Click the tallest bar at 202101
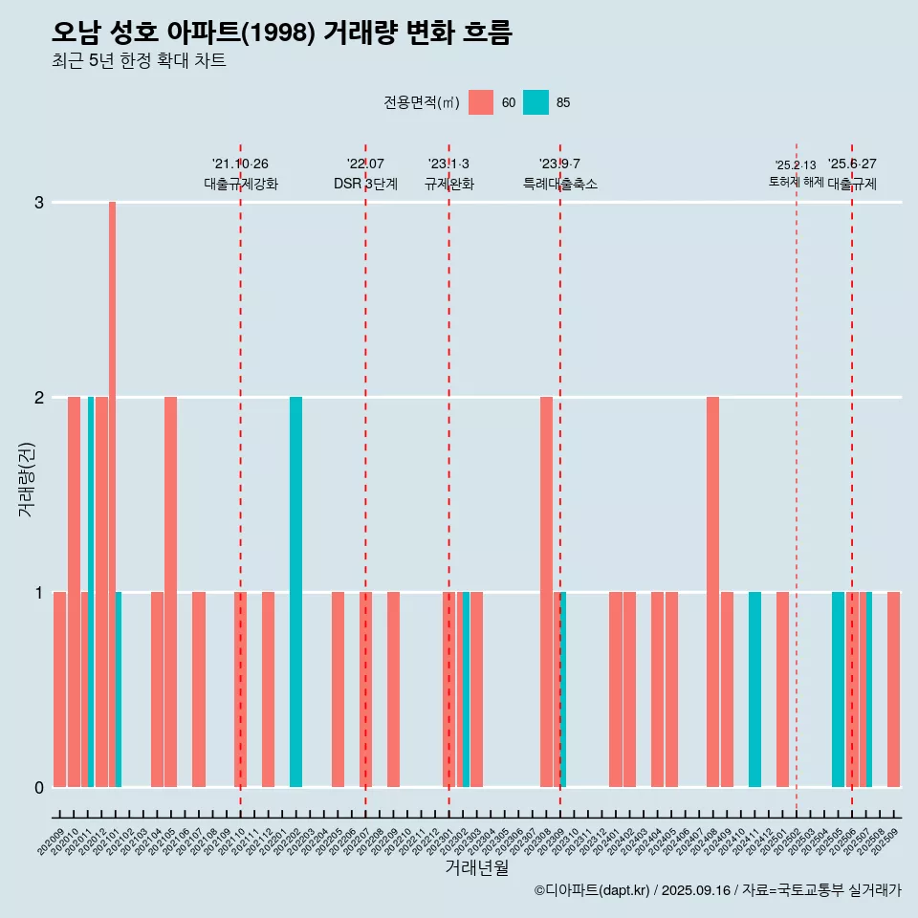pos(112,493)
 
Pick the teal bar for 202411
pos(754,688)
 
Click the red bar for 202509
pos(893,688)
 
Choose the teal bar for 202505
pos(838,688)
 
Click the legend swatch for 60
pos(481,102)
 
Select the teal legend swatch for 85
pos(536,102)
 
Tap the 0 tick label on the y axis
pos(39,787)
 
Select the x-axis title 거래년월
pos(476,867)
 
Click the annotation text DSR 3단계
pos(365,184)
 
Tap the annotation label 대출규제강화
pos(241,184)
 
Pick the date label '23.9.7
pos(559,164)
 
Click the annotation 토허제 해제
pos(796,181)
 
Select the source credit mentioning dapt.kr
pos(717,890)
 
